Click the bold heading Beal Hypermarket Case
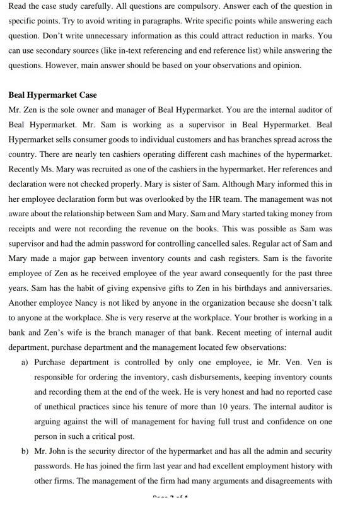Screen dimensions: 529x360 click(x=52, y=95)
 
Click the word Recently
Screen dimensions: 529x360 click(x=25, y=169)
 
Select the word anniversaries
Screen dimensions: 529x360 click(x=303, y=288)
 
